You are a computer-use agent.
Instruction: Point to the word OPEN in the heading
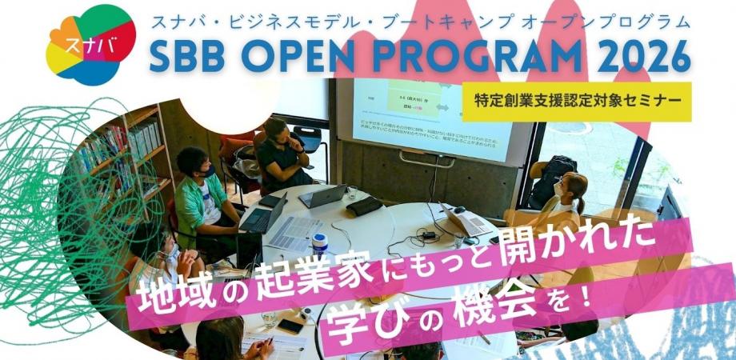coord(303,55)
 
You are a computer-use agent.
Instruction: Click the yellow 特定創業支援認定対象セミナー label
coord(577,101)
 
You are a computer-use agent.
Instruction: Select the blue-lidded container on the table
coord(320,242)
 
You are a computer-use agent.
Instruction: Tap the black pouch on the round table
coord(364,206)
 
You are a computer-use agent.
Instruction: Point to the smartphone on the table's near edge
coord(290,326)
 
